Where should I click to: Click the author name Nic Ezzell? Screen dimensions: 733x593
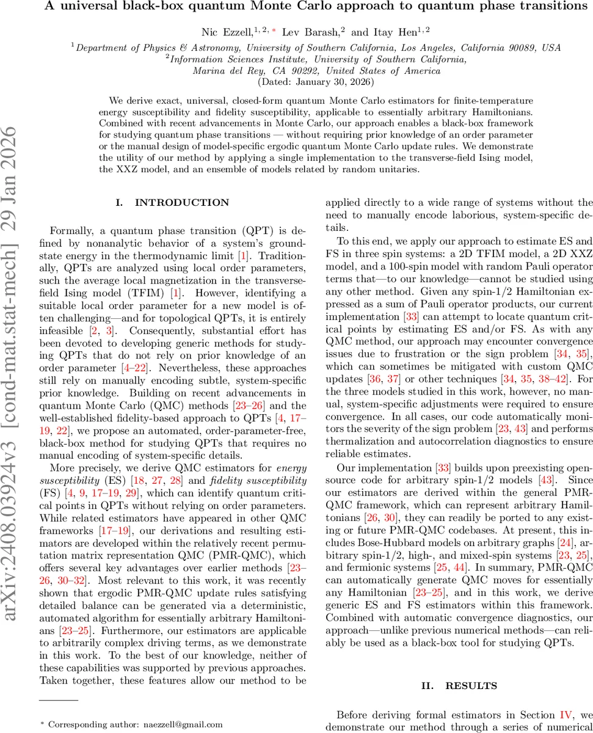225,32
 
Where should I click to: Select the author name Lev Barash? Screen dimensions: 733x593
303,32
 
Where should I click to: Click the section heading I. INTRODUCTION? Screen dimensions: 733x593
173,202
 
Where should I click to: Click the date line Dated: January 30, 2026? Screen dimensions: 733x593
317,81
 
